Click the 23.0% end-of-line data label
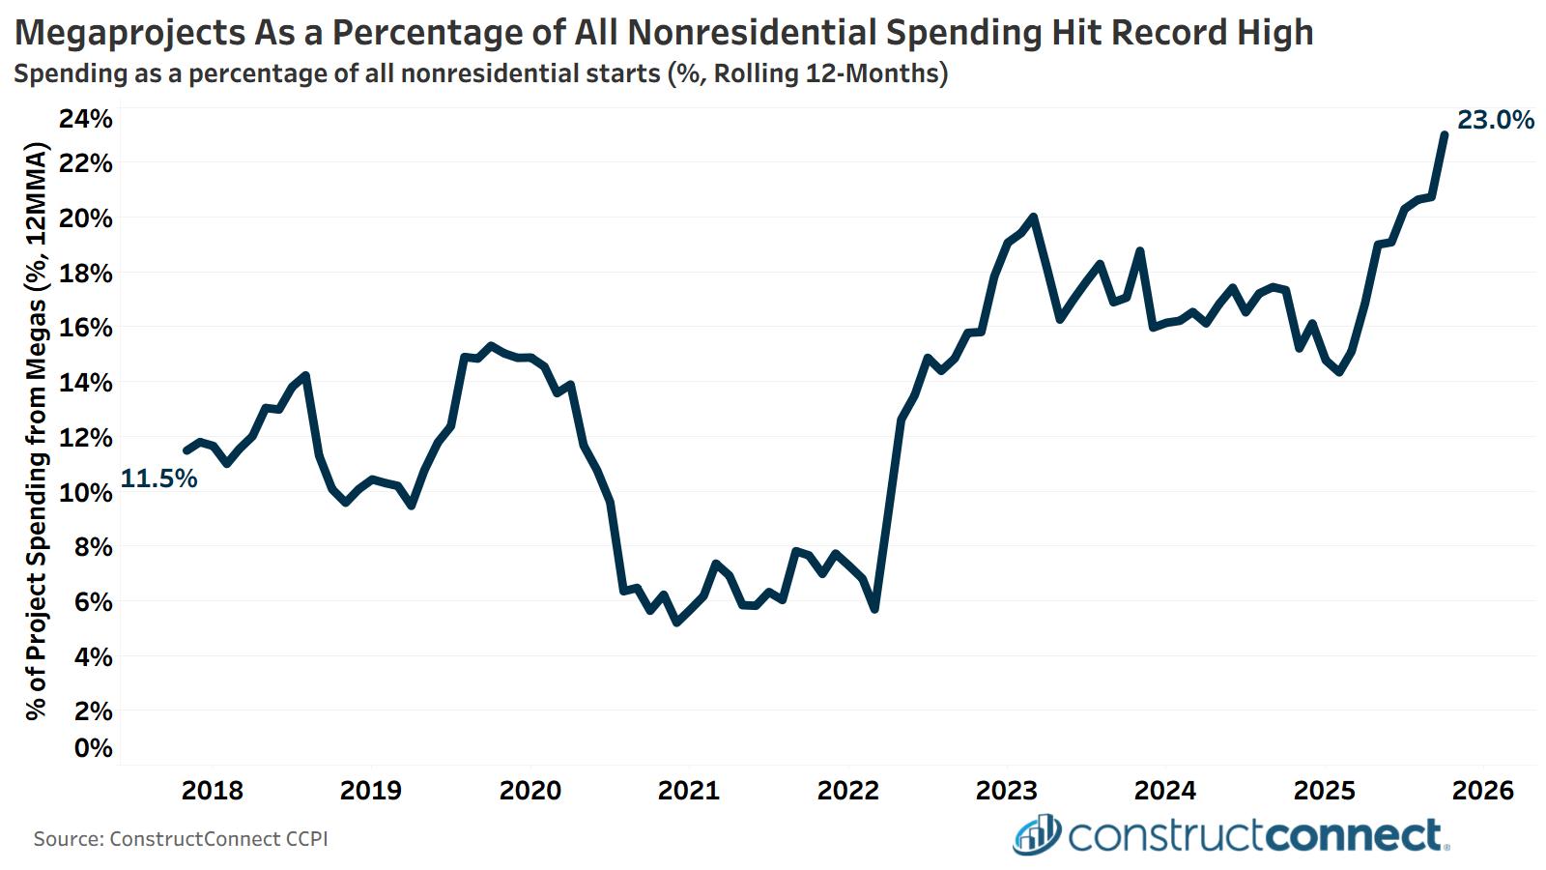[1495, 121]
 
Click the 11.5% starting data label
[158, 478]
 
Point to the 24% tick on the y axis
[86, 119]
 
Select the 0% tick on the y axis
[93, 748]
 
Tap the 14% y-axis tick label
[86, 383]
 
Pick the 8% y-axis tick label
[93, 547]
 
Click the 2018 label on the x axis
[213, 791]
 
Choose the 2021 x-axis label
[689, 791]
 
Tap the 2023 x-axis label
[1007, 791]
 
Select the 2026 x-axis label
[1483, 791]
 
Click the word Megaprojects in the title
[130, 33]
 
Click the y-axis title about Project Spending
[37, 431]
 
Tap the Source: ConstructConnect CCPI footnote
[181, 839]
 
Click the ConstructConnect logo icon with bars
[1036, 835]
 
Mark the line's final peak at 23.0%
[1444, 134]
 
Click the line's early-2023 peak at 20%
[1033, 217]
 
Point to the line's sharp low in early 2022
[874, 609]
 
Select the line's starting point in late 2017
[186, 450]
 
